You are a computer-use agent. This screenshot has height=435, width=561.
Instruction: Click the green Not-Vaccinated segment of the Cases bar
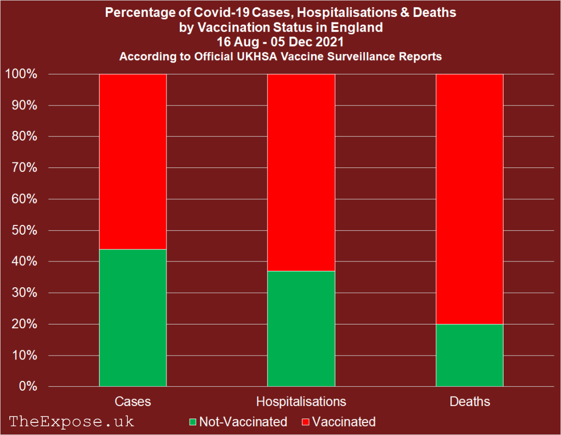133,317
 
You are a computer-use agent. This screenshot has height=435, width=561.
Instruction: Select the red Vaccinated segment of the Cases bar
133,161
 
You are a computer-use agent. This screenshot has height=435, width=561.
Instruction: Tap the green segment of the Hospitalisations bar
301,328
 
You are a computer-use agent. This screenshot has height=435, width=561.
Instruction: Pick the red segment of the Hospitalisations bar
301,172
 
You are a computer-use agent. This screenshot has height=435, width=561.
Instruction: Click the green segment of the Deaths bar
470,355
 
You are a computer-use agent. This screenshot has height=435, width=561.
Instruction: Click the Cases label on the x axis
133,402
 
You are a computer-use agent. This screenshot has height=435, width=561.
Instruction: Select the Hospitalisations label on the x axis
301,402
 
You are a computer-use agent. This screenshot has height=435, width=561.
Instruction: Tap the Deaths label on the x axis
470,402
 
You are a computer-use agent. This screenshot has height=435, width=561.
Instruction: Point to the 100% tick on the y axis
21,74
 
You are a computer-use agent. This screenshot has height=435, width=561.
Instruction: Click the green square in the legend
192,422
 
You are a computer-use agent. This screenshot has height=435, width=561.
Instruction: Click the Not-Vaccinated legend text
243,422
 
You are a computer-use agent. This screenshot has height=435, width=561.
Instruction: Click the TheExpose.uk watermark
72,421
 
